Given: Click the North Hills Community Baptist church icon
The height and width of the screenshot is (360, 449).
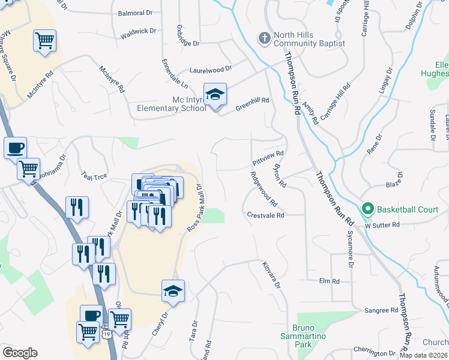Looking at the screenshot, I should coord(264,39).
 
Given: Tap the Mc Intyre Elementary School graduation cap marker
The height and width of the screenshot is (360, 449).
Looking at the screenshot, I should coord(215,95).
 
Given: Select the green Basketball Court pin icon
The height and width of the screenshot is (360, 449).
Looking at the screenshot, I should coord(368,209).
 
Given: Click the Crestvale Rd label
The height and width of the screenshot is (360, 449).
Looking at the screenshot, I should coord(265,215).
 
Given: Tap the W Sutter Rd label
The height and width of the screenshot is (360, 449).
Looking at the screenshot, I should coord(382,224).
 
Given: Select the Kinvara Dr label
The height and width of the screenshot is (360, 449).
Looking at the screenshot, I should coord(272,274).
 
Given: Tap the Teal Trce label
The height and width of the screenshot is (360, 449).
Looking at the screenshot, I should coord(94,175).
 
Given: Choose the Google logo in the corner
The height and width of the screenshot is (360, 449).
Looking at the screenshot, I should coord(20,353).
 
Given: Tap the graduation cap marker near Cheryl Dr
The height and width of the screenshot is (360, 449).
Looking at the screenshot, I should coord(173,291).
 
